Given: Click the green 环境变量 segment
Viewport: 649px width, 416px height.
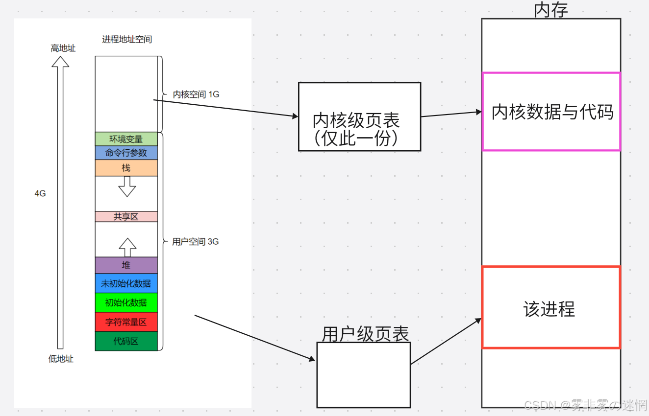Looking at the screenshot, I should tap(126, 139).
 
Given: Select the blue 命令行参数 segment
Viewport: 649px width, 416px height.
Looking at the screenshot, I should tap(126, 153).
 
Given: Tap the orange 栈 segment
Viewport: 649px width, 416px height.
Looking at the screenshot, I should tap(126, 168).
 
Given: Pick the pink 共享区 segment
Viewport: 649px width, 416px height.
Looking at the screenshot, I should tap(126, 216).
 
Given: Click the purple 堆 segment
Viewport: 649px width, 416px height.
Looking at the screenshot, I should tap(126, 265).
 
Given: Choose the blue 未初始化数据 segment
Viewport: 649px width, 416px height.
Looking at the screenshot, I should tap(126, 283).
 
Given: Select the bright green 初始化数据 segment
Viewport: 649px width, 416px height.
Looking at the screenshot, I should tap(126, 302).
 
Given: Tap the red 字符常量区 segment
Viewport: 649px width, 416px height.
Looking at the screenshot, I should tap(126, 322).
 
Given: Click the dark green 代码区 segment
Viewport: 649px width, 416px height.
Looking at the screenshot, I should tap(126, 341).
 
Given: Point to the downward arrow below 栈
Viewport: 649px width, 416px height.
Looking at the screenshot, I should tap(127, 186).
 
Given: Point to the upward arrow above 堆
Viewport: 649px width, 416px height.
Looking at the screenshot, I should tap(127, 247).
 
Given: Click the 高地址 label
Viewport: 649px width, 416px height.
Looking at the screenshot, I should tap(63, 48).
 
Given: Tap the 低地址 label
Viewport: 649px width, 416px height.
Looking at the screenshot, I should tap(61, 359).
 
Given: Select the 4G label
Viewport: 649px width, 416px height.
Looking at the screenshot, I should tap(40, 193).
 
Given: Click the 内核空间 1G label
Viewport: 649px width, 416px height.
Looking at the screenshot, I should tap(196, 94).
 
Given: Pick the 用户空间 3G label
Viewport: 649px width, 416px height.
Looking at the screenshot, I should tap(196, 242).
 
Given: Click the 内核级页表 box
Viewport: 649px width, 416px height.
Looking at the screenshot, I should tap(359, 116).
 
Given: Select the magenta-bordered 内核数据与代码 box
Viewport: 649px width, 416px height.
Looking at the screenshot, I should tap(551, 112).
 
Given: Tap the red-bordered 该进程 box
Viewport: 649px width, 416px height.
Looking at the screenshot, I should tap(551, 307).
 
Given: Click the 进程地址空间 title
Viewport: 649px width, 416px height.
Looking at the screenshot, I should tap(127, 39).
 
